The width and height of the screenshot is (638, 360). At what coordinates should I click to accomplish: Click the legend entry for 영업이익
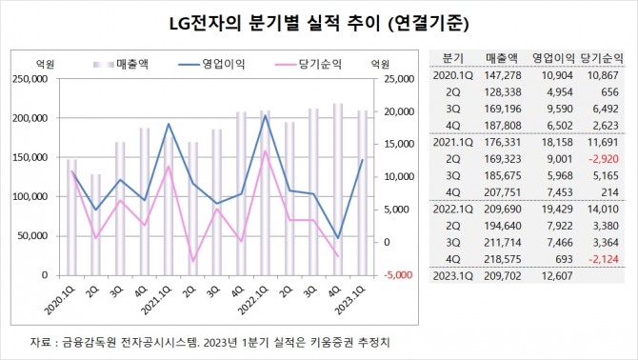[221, 63]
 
